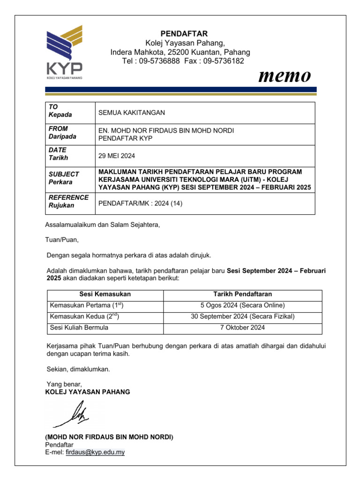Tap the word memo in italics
285,75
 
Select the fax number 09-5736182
224,61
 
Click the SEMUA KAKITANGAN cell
132,112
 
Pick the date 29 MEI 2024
116,155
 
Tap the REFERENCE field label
68,197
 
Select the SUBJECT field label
64,174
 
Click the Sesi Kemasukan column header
105,294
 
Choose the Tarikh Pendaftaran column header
242,294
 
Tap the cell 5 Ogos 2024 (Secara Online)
242,305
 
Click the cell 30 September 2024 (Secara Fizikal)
242,316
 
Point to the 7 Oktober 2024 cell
242,327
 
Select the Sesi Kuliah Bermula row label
79,327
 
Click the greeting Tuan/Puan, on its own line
62,240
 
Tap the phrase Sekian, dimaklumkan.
78,369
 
